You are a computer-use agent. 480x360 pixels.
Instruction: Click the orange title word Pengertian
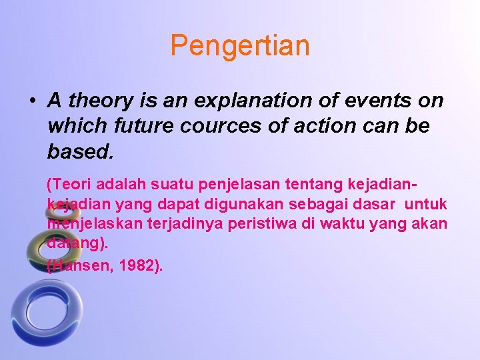pos(240,46)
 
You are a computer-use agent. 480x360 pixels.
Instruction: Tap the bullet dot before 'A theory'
pos(32,102)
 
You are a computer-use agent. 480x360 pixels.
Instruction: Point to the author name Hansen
pos(79,265)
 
